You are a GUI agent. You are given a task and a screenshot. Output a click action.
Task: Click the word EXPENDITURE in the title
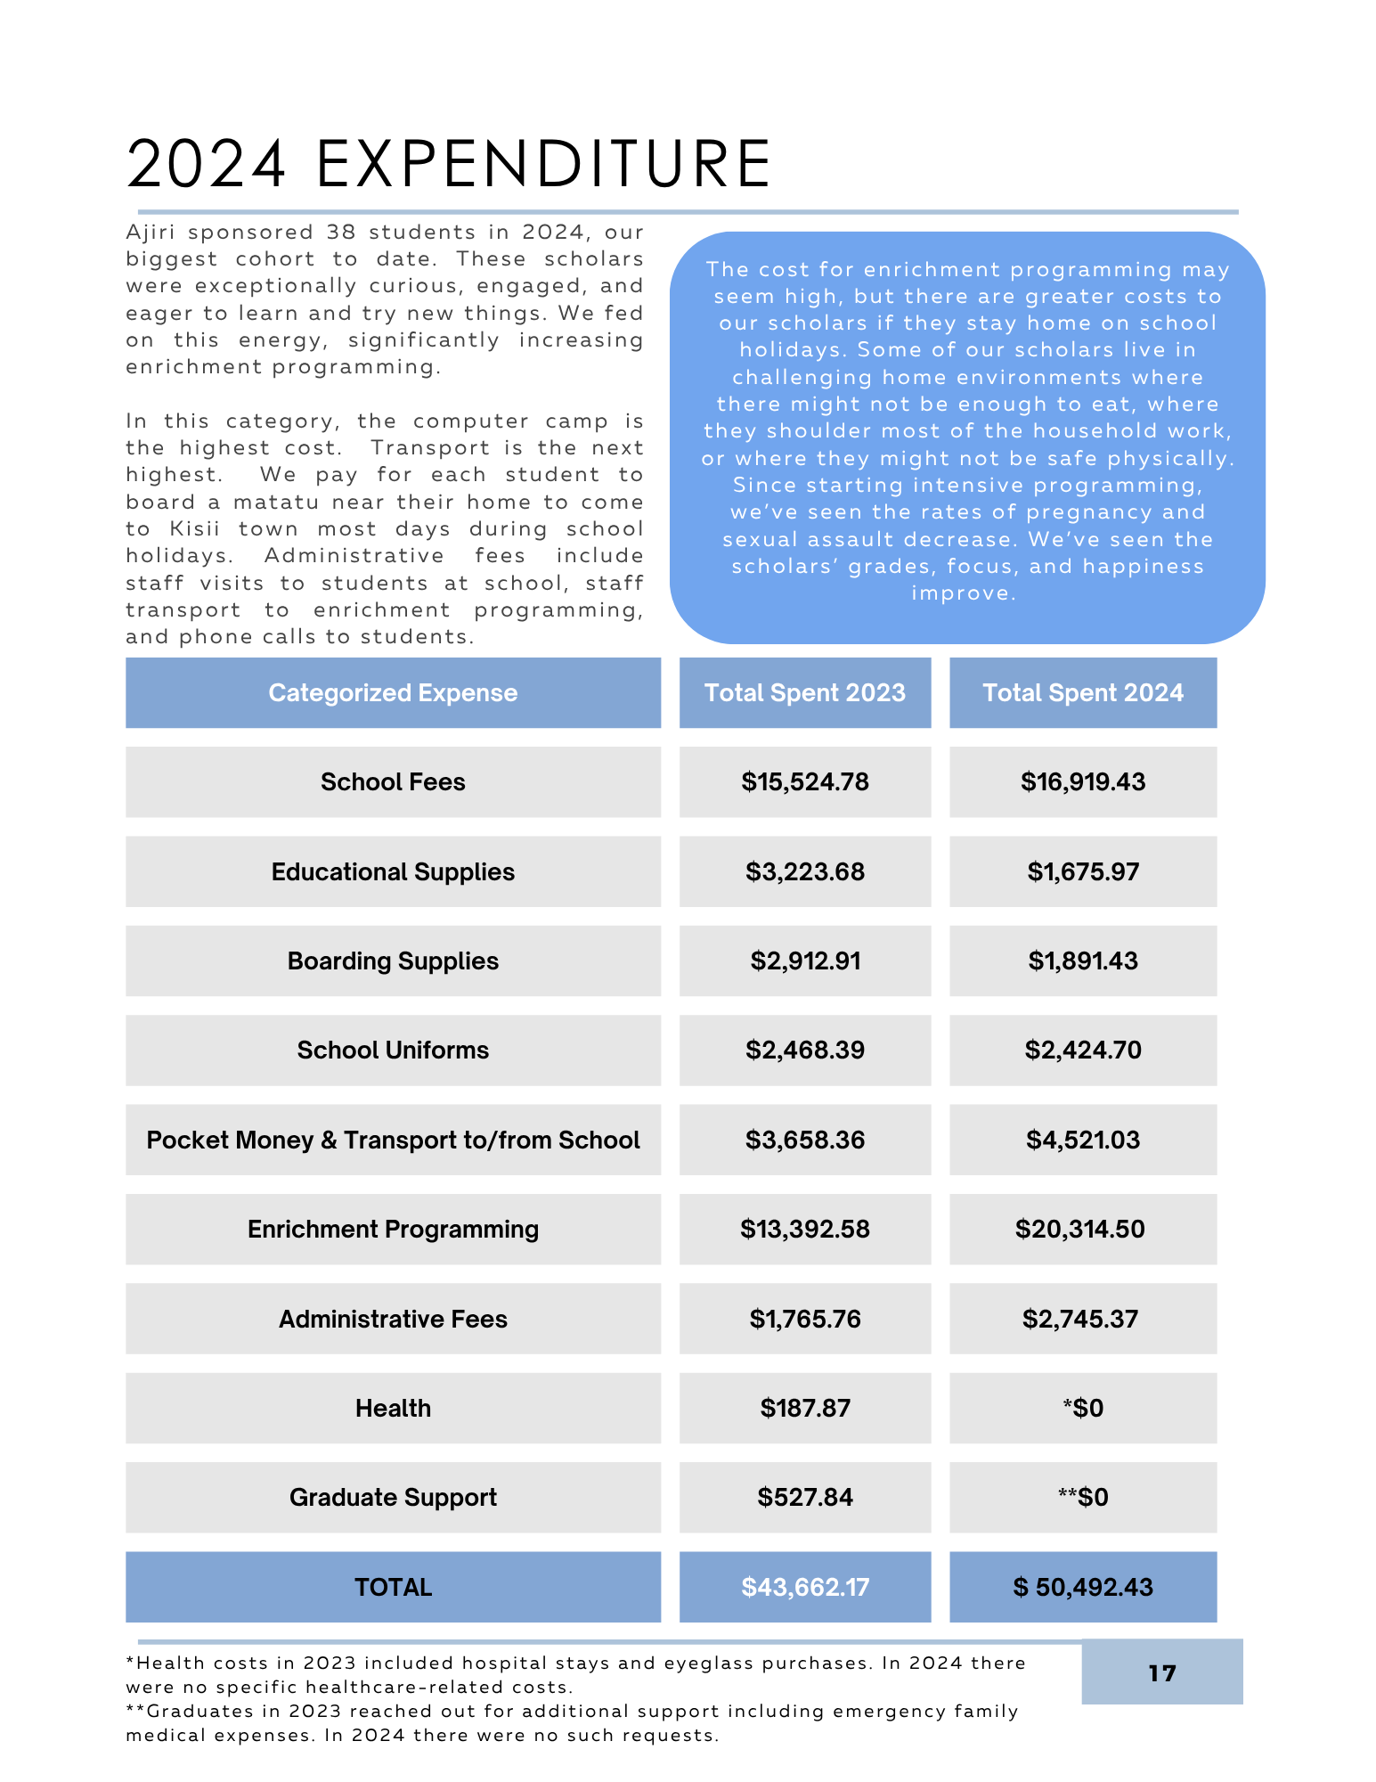pos(543,165)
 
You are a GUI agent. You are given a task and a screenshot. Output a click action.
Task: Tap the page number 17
pos(1161,1672)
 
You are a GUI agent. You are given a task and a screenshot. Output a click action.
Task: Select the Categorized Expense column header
pos(393,692)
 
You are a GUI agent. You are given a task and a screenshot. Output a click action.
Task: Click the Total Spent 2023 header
pos(804,692)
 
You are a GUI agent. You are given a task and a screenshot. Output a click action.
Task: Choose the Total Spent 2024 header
pos(1082,692)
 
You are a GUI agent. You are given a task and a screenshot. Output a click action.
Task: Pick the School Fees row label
pos(393,781)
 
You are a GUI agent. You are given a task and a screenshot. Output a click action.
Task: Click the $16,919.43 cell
pos(1082,781)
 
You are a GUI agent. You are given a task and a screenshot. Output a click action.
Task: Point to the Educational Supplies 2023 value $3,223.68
pos(804,871)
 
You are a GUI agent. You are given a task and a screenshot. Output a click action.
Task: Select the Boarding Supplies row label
pos(393,960)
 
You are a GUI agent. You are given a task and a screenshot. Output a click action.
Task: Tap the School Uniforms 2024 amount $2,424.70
pos(1082,1050)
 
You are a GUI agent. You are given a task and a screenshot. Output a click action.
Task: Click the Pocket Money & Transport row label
pos(393,1140)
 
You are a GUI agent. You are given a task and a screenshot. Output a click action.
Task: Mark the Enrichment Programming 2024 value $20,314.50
pos(1079,1229)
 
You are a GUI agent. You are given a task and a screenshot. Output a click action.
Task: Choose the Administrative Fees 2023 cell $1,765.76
pos(804,1319)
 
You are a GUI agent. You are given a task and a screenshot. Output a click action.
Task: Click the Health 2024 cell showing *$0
pos(1082,1408)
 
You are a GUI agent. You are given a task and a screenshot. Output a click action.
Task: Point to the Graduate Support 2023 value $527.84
pos(804,1497)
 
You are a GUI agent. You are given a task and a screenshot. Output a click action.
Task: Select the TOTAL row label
pos(393,1587)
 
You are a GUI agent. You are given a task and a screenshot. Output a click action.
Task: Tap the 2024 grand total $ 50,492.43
pos(1082,1587)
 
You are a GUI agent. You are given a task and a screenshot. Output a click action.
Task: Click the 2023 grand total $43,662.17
pos(804,1587)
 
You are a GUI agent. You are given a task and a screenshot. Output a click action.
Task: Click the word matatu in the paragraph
pos(275,502)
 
